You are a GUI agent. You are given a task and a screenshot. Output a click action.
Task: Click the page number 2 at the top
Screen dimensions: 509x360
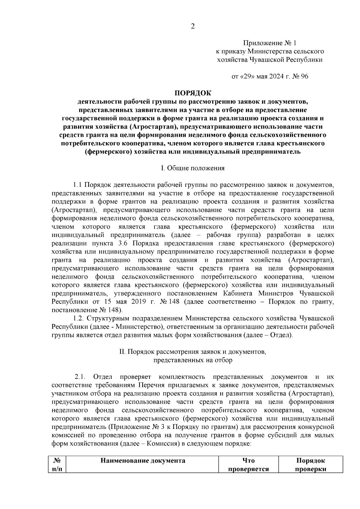pos(193,26)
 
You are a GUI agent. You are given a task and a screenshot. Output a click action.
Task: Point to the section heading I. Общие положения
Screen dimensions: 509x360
pos(193,168)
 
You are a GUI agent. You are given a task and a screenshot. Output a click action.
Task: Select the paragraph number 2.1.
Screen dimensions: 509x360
pos(80,376)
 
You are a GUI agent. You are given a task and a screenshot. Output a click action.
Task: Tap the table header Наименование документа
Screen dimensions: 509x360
pos(143,461)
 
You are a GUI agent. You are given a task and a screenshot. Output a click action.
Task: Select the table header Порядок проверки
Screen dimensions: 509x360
pos(310,465)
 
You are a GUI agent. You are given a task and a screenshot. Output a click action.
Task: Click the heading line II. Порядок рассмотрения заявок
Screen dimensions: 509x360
pos(193,352)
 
